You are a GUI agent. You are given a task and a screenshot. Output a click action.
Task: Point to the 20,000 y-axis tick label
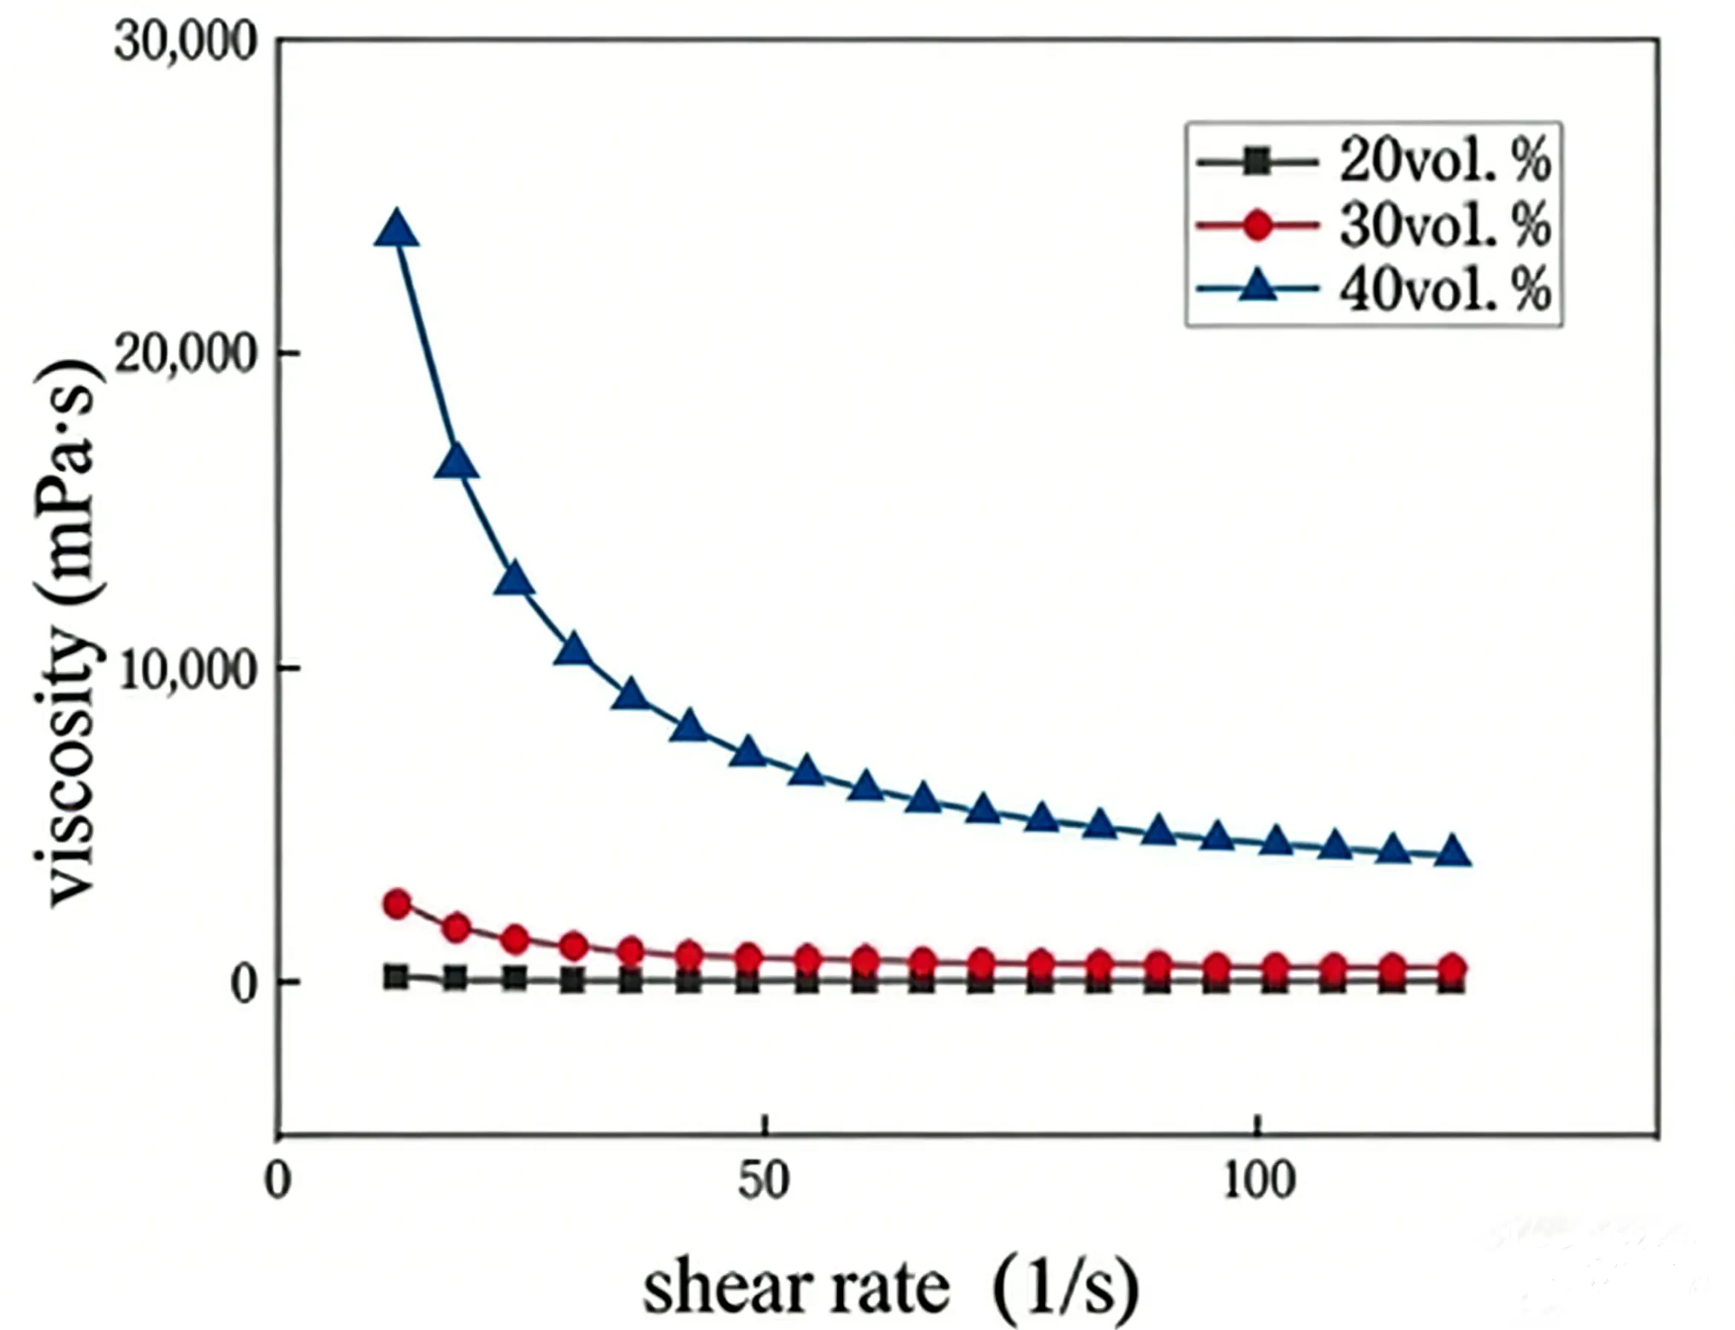[x=187, y=355]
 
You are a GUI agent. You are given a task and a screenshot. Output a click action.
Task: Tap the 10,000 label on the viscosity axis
[x=187, y=668]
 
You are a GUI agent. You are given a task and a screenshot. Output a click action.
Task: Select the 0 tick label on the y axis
[x=246, y=985]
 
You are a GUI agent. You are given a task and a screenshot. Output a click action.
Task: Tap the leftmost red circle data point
[x=398, y=903]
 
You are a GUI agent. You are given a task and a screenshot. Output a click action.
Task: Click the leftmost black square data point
[x=397, y=977]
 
